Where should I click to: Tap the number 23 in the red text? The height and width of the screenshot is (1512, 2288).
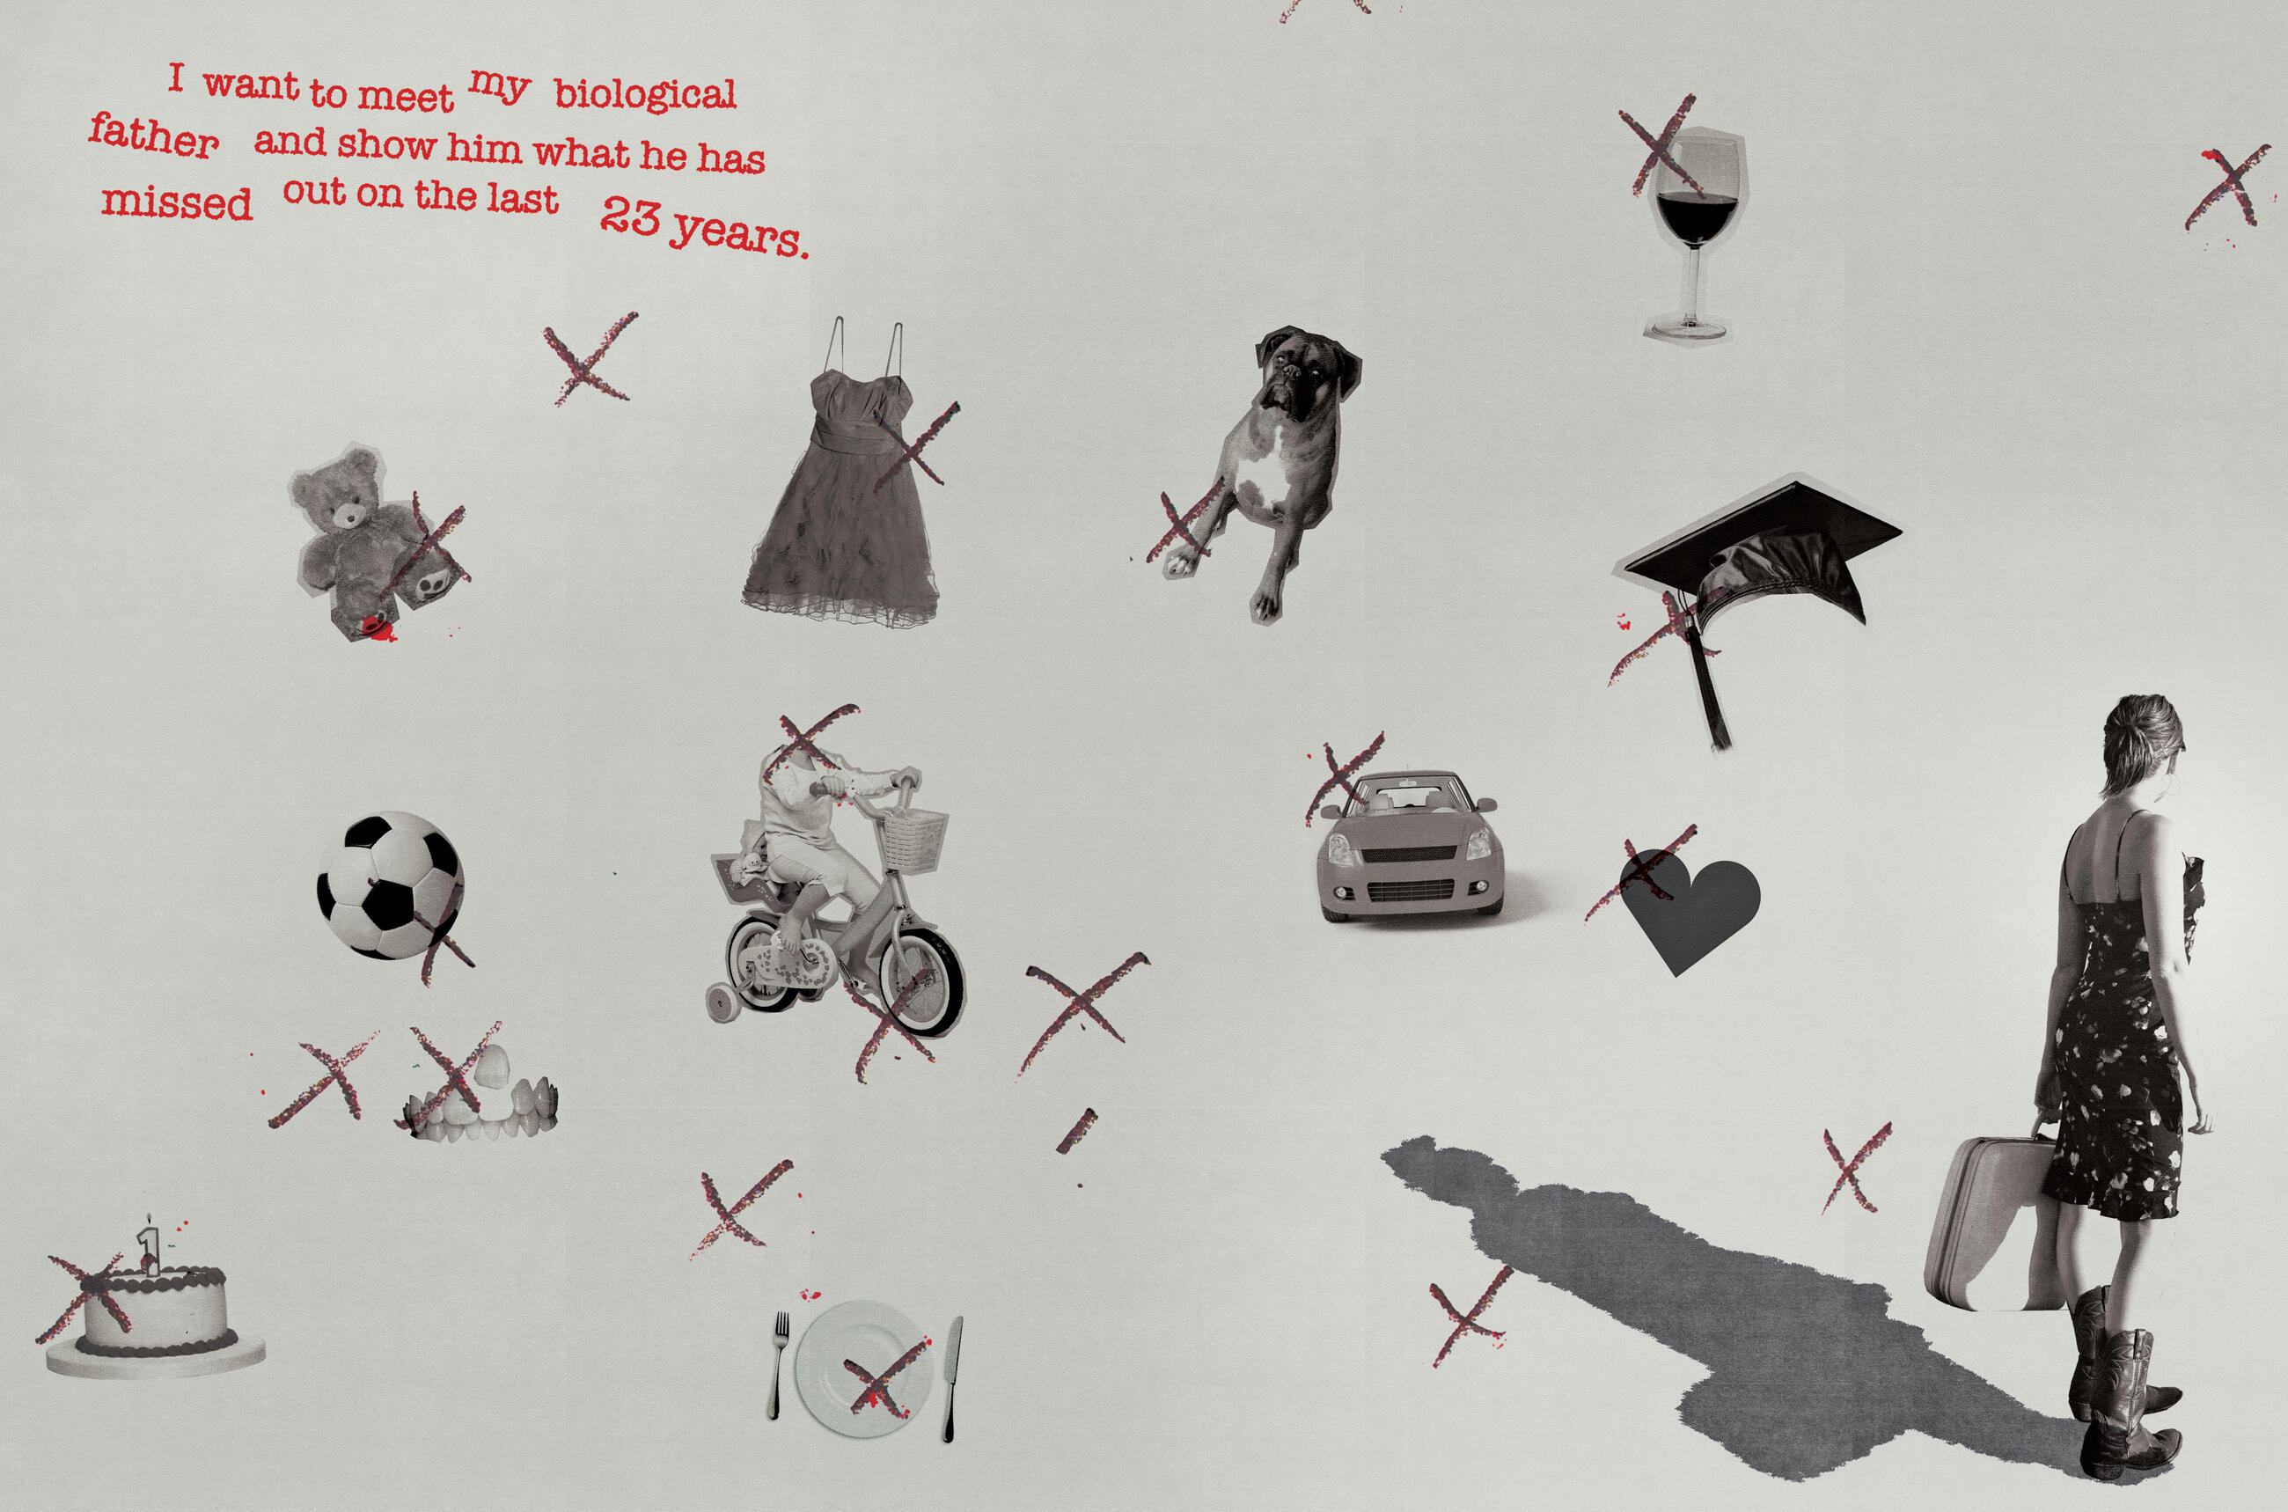tap(631, 216)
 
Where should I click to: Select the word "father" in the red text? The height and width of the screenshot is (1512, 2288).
tap(153, 136)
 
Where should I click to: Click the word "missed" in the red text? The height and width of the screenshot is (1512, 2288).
tap(177, 202)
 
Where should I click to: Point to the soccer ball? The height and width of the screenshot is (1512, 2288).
tap(390, 885)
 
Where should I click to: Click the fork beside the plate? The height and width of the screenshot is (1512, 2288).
tap(777, 1363)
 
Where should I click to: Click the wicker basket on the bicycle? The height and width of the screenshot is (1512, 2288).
tap(914, 840)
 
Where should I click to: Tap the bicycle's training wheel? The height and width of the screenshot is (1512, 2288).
tap(723, 1002)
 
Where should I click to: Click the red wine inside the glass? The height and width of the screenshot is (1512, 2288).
tap(1696, 216)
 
